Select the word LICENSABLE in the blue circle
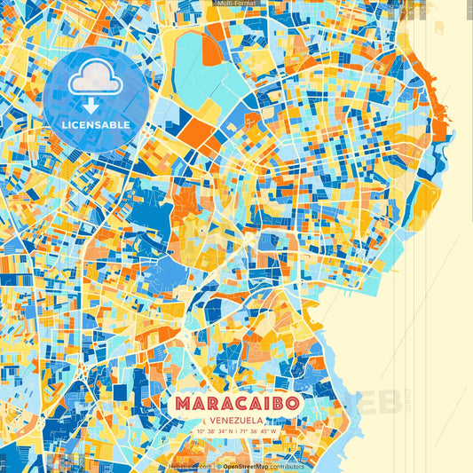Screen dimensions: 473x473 96,125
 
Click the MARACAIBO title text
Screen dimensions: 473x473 237,403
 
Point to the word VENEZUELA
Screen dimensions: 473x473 237,420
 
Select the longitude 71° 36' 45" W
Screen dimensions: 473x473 258,431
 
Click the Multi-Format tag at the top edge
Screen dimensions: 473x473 236,4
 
